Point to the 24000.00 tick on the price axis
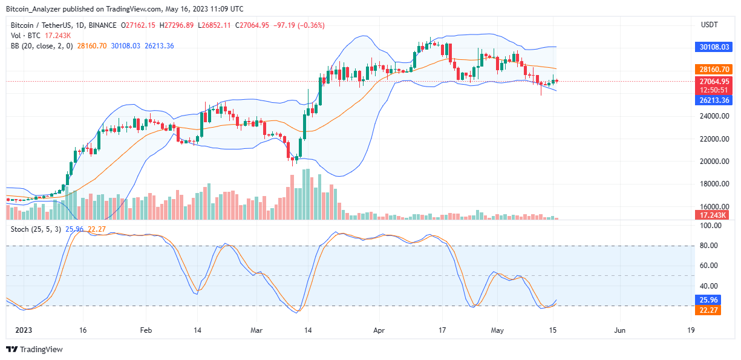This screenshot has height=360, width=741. pos(713,116)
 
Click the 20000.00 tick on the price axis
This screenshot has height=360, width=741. pos(713,162)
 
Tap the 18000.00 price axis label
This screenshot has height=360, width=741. pos(713,184)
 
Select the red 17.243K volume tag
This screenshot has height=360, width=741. pos(713,215)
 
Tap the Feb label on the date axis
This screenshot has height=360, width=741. pos(145,331)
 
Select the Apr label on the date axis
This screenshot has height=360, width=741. pos(379,331)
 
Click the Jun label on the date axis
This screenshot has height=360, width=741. pos(620,331)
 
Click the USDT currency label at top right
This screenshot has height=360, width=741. pos(709,25)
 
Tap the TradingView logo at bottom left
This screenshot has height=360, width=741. pos(34,349)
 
